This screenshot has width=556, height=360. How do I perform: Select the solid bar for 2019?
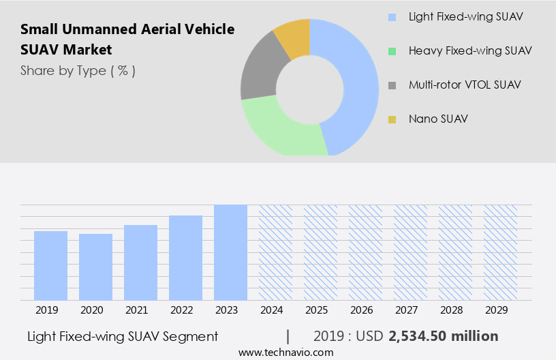click(x=50, y=265)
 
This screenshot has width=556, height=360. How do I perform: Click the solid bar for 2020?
click(x=95, y=267)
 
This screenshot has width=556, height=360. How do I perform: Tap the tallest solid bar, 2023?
click(x=230, y=252)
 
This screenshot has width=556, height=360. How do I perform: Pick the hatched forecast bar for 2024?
click(x=275, y=252)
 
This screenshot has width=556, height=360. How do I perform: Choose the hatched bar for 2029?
click(x=500, y=252)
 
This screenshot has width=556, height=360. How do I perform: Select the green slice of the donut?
click(x=279, y=129)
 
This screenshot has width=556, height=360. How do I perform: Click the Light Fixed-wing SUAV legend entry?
click(x=465, y=16)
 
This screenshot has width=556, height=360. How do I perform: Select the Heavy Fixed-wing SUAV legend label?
click(x=469, y=50)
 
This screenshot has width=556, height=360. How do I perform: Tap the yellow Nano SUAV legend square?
click(x=392, y=119)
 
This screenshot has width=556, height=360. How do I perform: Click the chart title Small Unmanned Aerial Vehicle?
click(x=127, y=29)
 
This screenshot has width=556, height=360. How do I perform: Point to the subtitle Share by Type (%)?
click(x=78, y=71)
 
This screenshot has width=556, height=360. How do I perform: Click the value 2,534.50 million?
click(x=443, y=336)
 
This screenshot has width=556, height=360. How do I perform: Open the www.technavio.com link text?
click(x=285, y=352)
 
